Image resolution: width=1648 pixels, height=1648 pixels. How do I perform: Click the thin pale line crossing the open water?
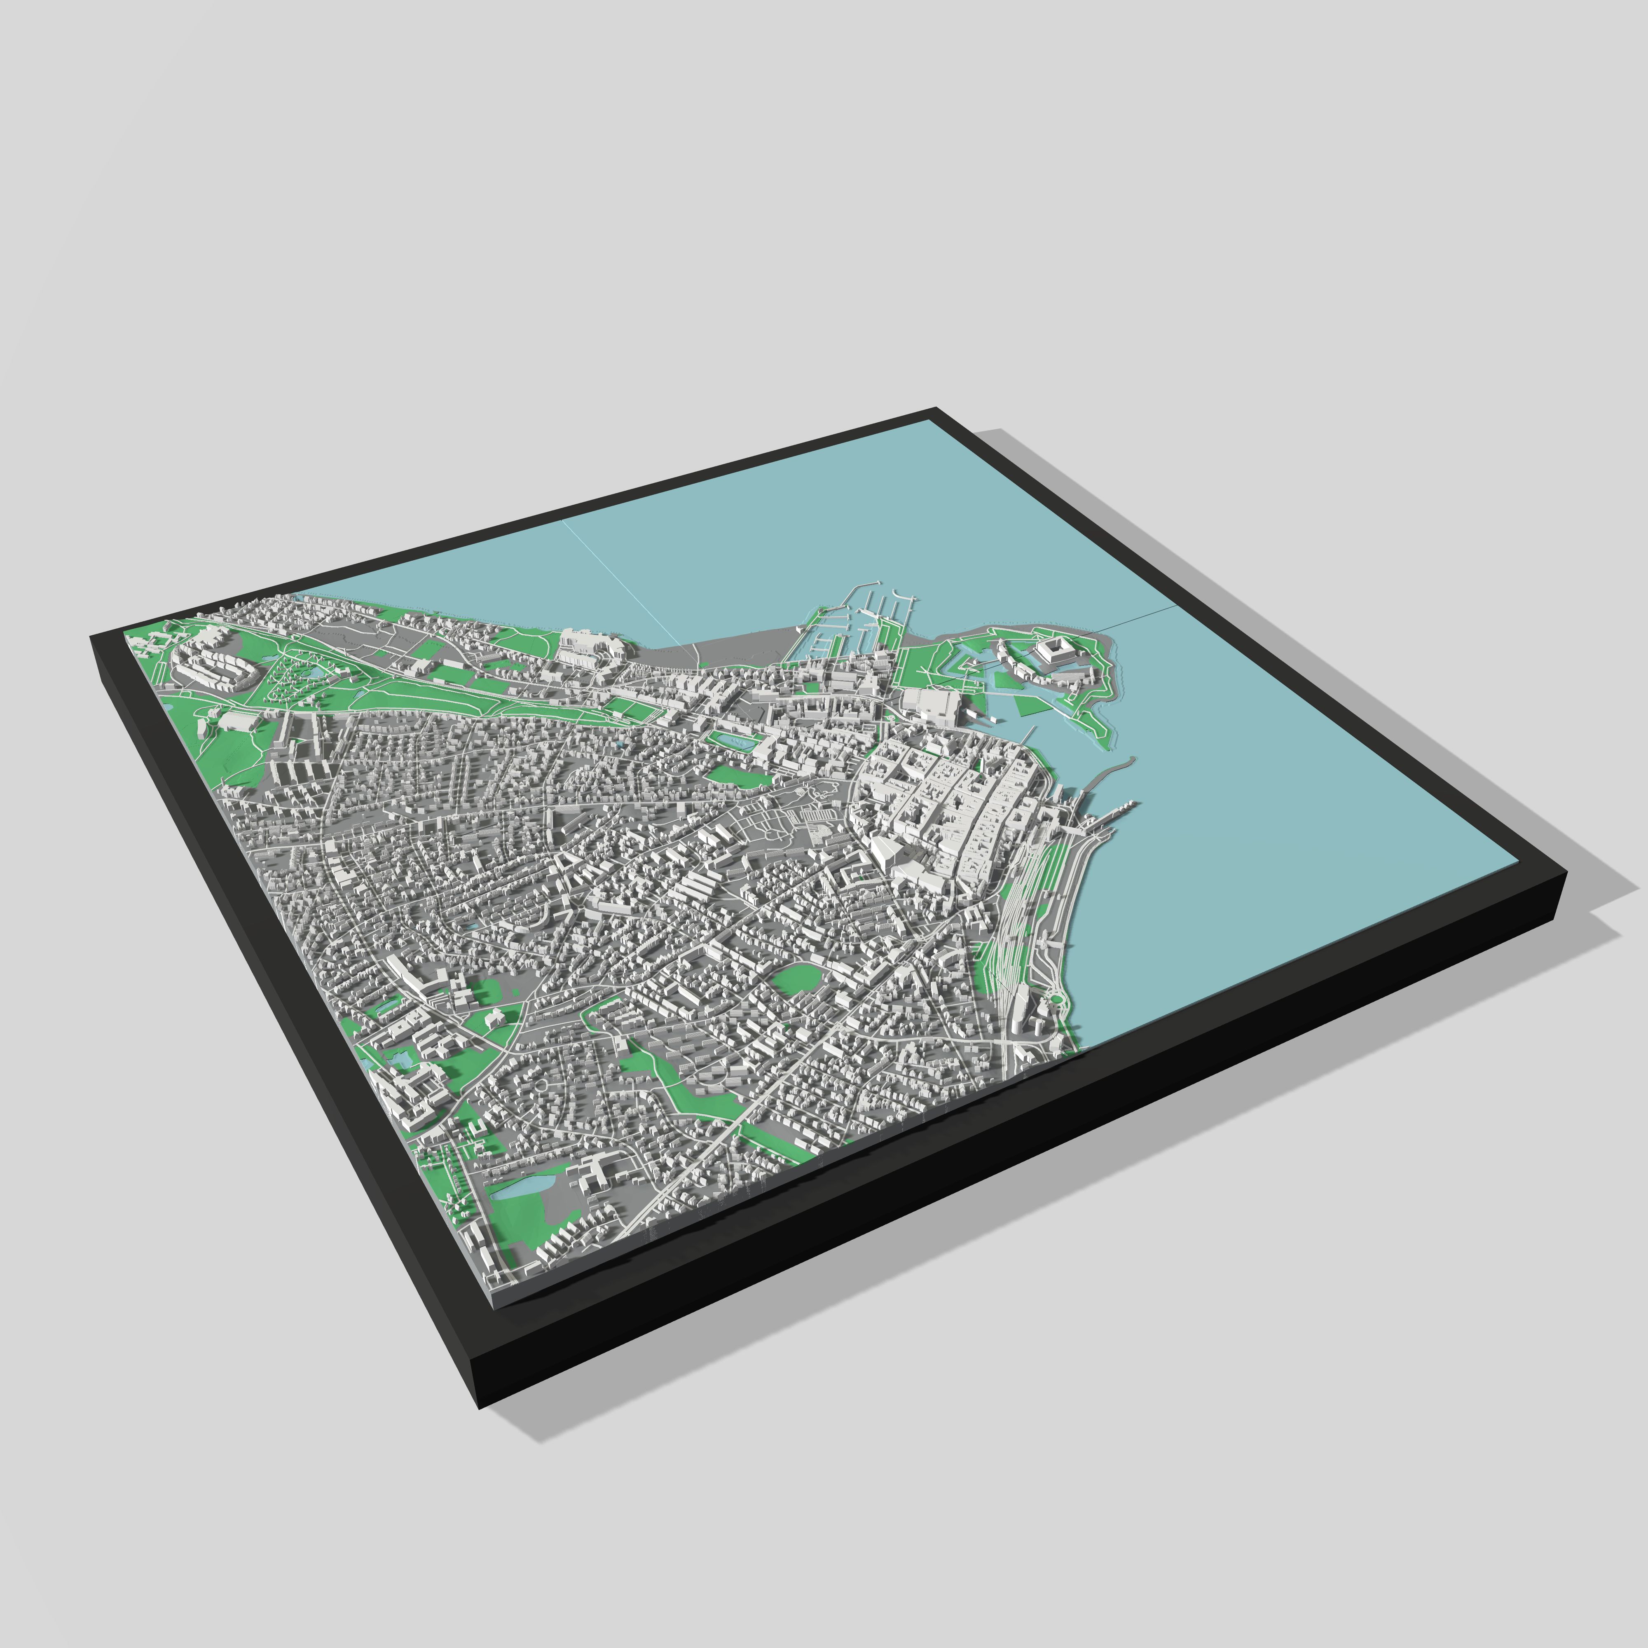623,580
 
